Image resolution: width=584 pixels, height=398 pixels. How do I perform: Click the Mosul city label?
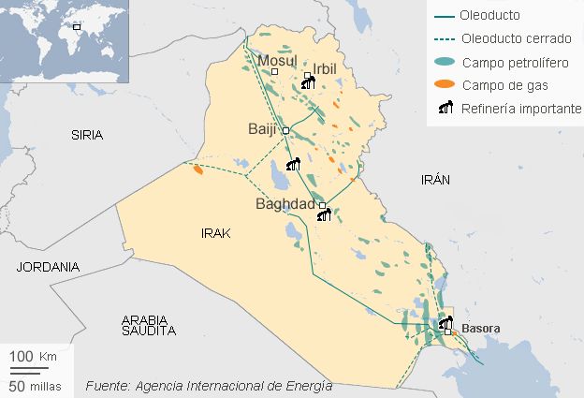pyautogui.click(x=275, y=61)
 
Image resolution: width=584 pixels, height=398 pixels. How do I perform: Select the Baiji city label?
pyautogui.click(x=262, y=129)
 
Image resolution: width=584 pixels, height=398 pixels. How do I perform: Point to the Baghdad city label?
pyautogui.click(x=285, y=204)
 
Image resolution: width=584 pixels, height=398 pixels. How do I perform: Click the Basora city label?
pyautogui.click(x=480, y=329)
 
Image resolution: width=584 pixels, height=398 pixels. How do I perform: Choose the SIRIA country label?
pyautogui.click(x=88, y=135)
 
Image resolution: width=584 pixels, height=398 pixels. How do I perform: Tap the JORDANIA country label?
pyautogui.click(x=48, y=267)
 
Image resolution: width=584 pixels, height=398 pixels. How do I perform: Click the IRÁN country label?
pyautogui.click(x=436, y=178)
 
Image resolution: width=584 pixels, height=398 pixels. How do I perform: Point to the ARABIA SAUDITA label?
pyautogui.click(x=150, y=325)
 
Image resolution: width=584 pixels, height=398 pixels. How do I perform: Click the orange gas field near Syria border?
pyautogui.click(x=197, y=170)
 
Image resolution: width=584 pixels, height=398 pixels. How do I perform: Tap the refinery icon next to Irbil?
pyautogui.click(x=308, y=83)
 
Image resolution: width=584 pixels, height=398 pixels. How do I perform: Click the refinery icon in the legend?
pyautogui.click(x=445, y=108)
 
